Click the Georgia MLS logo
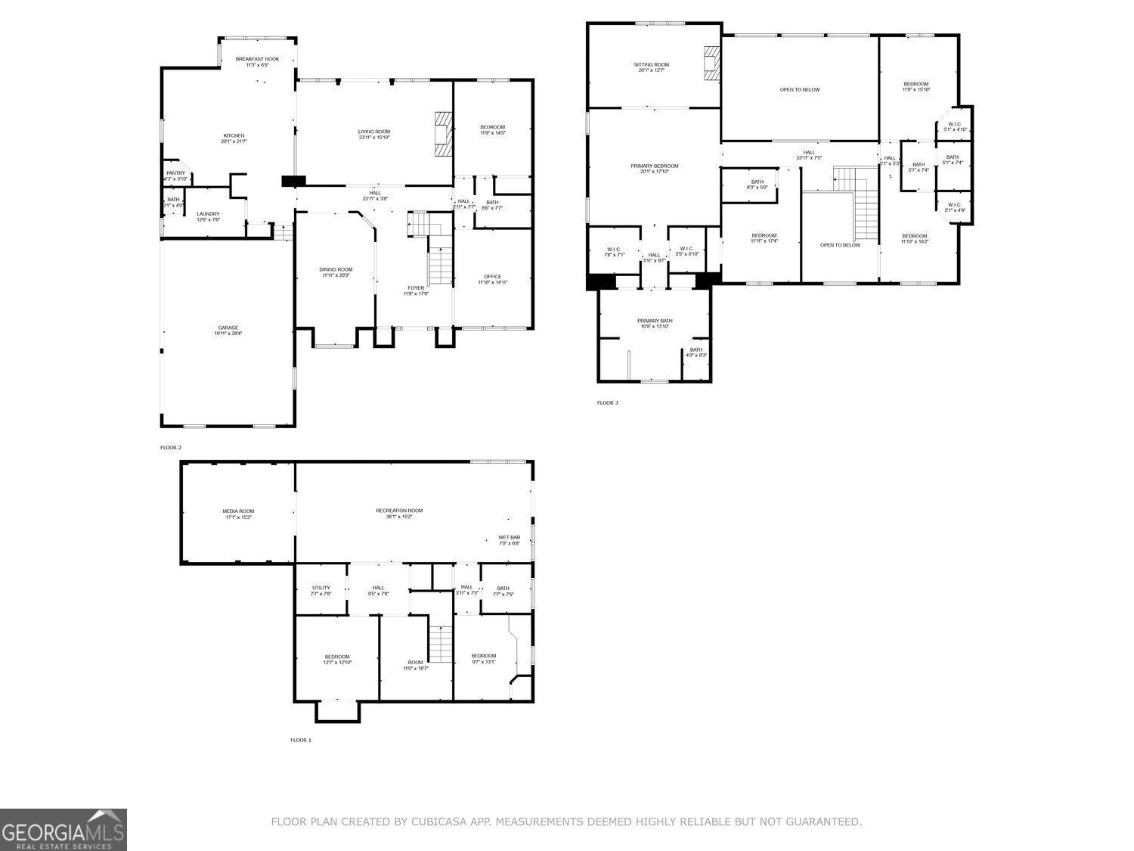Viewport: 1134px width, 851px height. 63,830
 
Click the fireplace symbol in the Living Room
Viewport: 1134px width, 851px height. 443,133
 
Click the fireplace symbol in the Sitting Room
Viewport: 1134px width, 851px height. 711,63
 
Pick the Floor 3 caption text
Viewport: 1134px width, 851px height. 607,402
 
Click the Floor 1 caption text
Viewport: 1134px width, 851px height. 300,740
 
